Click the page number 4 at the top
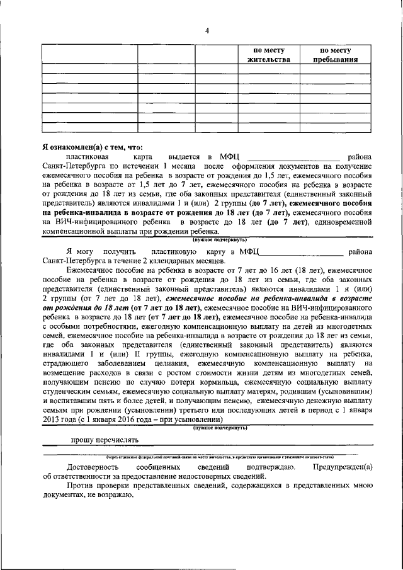(207, 31)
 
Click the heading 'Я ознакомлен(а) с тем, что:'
(89, 146)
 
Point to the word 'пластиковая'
(88, 156)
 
